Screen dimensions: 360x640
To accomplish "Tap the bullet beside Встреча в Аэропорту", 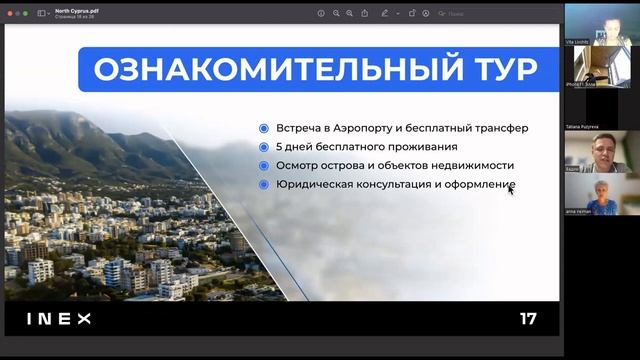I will (263, 128).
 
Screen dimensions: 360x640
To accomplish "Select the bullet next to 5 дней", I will (263, 147).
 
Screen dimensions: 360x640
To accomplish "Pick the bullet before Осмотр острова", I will (263, 166).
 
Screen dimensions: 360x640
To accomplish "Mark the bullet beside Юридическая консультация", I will (263, 185).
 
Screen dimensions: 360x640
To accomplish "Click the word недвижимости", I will (479, 166).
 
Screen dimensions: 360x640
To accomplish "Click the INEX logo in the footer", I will (58, 319).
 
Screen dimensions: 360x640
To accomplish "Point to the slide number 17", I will (528, 319).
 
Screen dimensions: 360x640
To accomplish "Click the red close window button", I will (8, 13).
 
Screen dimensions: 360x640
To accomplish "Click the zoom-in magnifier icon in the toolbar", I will (352, 13).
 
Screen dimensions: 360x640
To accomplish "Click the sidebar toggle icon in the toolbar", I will (43, 13).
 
